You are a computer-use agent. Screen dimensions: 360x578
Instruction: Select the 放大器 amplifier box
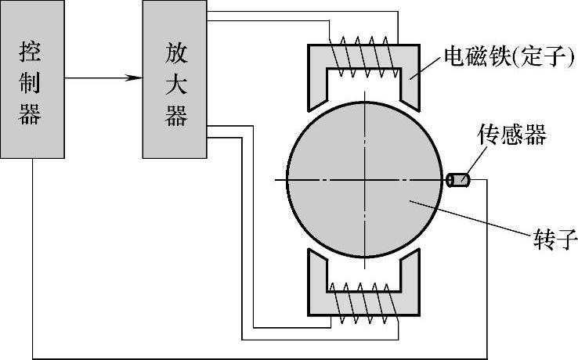click(175, 79)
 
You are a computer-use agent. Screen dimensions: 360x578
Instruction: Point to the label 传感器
click(511, 135)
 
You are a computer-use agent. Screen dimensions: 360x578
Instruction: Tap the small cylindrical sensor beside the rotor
click(457, 181)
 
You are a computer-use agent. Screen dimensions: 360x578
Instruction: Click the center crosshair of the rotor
click(364, 180)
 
